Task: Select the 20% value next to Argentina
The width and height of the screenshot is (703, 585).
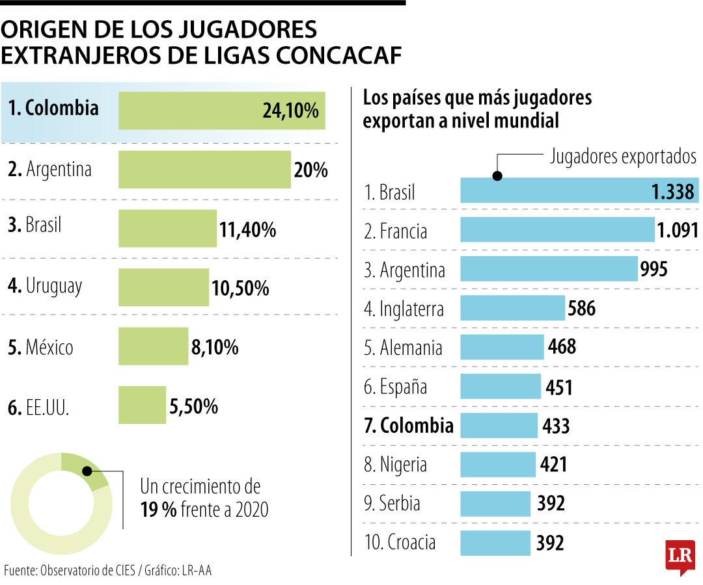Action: click(310, 170)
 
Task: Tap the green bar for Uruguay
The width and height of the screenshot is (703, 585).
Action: click(163, 287)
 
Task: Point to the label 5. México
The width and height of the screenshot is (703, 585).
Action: click(41, 347)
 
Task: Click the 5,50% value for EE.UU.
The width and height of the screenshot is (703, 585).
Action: click(193, 407)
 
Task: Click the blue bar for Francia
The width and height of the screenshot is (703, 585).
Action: click(557, 230)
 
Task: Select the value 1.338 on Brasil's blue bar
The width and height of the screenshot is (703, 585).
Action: click(672, 192)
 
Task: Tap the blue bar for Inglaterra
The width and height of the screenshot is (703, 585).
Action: click(512, 308)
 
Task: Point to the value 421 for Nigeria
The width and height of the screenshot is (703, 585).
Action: click(554, 464)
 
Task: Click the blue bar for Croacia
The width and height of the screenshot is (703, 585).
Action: click(495, 543)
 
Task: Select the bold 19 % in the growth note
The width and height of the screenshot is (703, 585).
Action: click(158, 510)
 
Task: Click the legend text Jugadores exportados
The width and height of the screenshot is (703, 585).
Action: click(623, 156)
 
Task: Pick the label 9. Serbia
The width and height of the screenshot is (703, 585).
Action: click(392, 504)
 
